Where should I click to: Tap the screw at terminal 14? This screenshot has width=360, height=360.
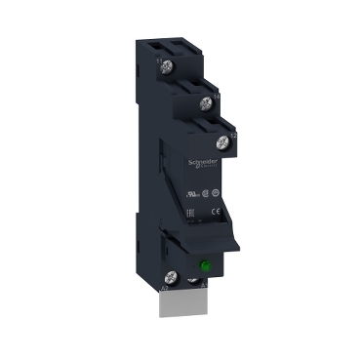point(206,102)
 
